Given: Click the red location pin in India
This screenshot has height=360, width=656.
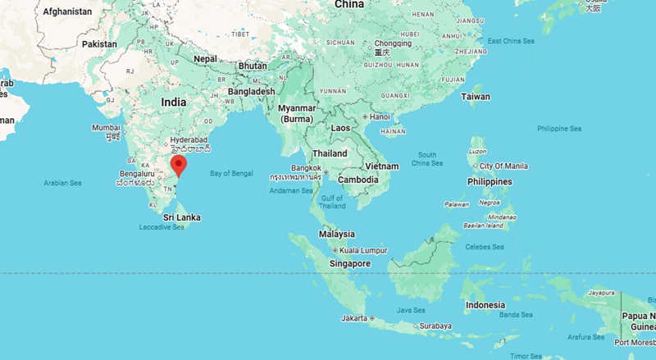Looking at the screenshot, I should click(x=180, y=166).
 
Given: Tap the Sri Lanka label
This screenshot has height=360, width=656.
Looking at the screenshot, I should click(x=181, y=217).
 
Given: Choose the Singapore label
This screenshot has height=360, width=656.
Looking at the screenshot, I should click(x=349, y=263).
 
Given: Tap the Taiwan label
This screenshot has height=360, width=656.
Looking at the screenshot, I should click(x=476, y=97).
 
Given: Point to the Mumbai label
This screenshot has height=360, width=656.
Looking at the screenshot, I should click(x=106, y=128).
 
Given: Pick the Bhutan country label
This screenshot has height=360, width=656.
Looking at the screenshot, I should click(x=252, y=65).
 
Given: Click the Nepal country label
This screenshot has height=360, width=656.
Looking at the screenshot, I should click(x=205, y=59).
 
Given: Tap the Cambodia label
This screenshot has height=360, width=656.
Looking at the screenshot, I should click(x=358, y=180).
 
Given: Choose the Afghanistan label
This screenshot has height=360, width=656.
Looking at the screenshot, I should click(x=67, y=11).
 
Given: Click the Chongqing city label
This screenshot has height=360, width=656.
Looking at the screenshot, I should click(x=392, y=43).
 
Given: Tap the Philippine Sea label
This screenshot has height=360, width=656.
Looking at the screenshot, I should click(x=559, y=129).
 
